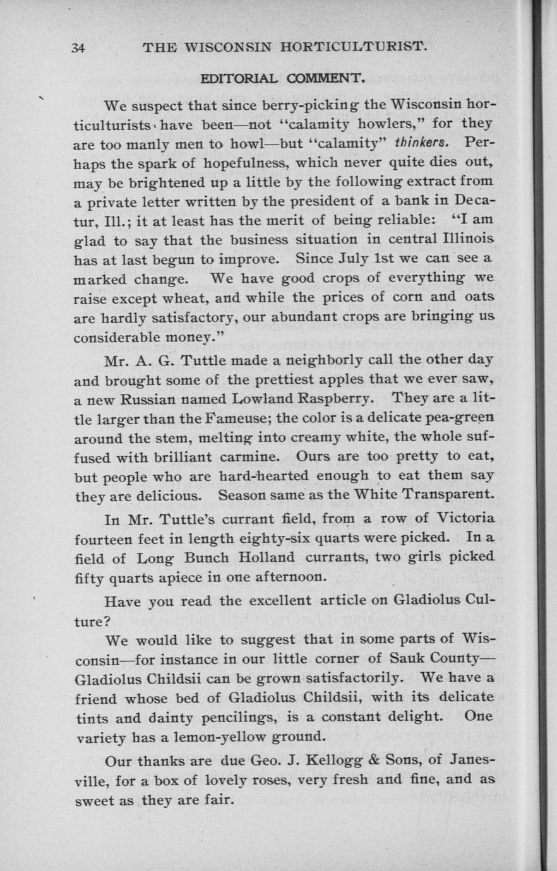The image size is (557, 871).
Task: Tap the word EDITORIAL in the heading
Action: tap(239, 79)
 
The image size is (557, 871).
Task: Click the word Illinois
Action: tap(464, 240)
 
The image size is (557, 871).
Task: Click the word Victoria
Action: tap(460, 519)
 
